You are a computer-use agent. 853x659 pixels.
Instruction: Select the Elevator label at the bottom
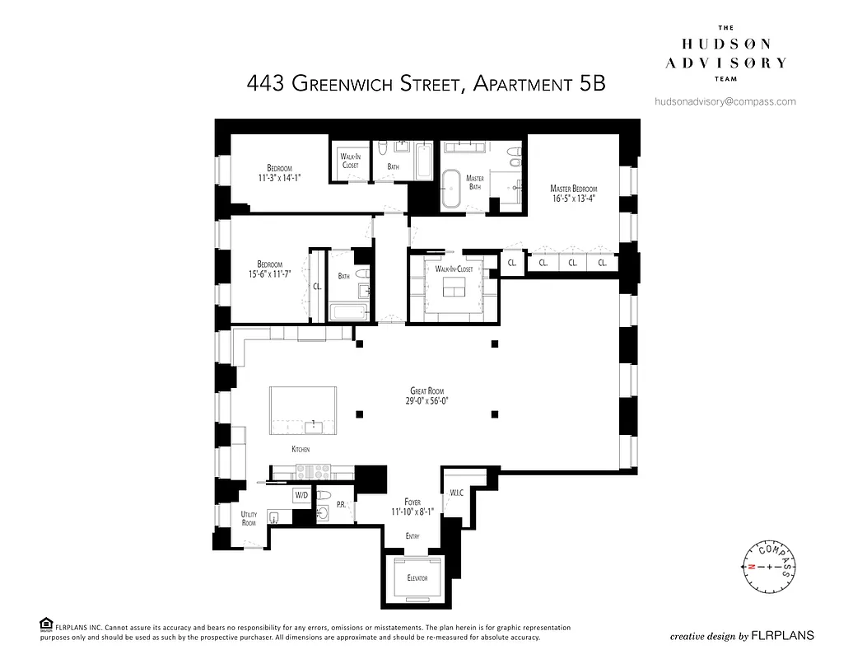click(x=417, y=578)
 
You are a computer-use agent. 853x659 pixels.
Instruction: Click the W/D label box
click(x=301, y=496)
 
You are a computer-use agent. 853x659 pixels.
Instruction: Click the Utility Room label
click(x=249, y=519)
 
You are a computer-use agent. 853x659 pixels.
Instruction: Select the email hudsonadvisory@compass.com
click(x=725, y=101)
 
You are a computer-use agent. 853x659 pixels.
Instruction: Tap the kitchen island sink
click(x=313, y=426)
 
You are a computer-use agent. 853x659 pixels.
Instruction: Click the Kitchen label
click(x=301, y=450)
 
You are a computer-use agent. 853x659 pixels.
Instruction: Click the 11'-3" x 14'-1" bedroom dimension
click(x=279, y=176)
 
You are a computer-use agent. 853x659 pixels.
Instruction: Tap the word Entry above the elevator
click(x=413, y=536)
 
